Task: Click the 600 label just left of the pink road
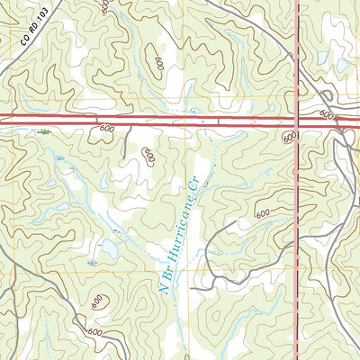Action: pyautogui.click(x=288, y=137)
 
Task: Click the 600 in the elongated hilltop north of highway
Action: pyautogui.click(x=158, y=64)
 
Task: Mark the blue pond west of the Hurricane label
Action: pyautogui.click(x=111, y=245)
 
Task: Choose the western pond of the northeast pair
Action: pyautogui.click(x=322, y=58)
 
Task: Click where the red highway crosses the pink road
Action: pyautogui.click(x=298, y=120)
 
